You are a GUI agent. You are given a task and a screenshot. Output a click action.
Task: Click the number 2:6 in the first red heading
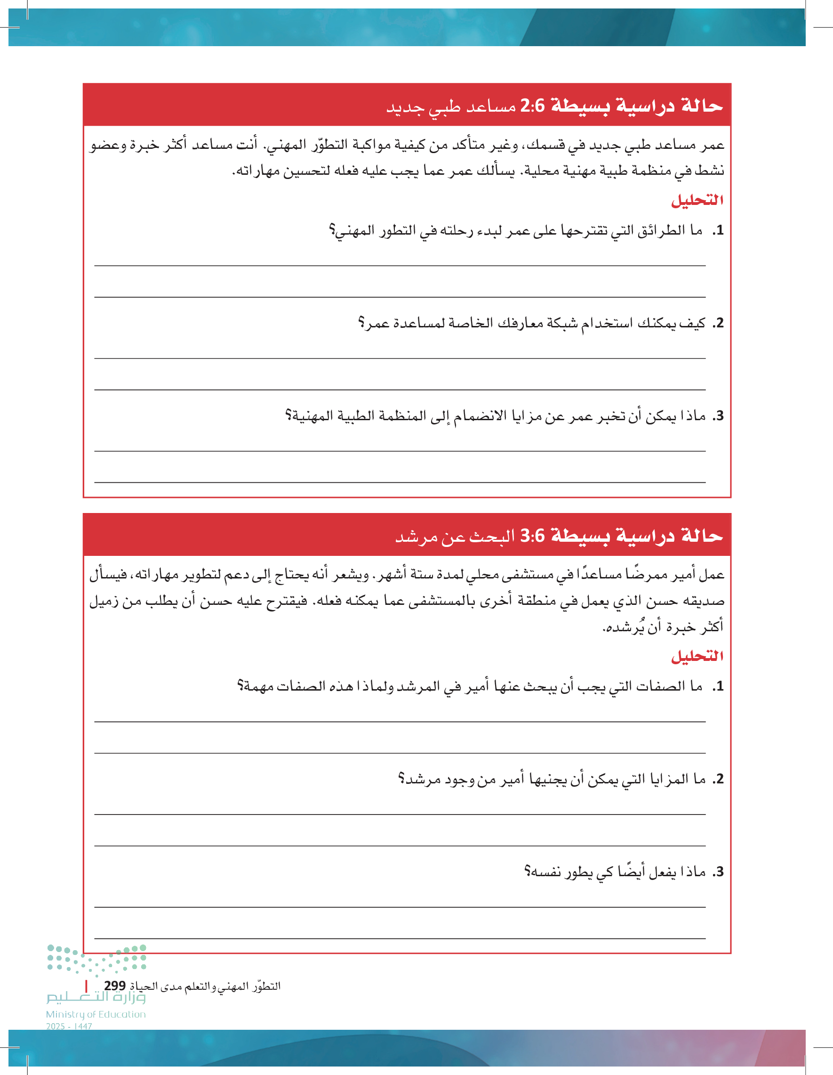click(533, 106)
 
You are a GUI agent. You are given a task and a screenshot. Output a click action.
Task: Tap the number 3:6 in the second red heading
click(533, 535)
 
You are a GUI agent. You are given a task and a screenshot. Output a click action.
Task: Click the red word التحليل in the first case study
click(697, 200)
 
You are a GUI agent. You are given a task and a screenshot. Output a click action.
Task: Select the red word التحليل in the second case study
click(697, 656)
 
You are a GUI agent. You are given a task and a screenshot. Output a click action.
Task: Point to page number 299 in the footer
click(114, 986)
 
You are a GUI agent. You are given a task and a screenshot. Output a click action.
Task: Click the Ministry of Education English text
click(96, 1014)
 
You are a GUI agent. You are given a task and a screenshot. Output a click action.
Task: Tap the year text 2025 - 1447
click(69, 1026)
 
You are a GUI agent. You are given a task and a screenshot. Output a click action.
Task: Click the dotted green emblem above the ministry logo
click(96, 959)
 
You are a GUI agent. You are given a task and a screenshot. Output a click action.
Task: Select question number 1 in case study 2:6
click(719, 230)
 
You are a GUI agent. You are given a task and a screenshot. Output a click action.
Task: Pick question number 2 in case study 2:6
click(719, 323)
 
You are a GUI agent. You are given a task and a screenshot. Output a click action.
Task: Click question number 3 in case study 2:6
click(719, 416)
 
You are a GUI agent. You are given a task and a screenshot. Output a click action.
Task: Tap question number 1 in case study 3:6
click(719, 686)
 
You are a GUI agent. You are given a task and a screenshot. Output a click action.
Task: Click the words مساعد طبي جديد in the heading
click(450, 107)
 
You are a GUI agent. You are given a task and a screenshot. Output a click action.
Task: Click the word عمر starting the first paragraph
click(713, 145)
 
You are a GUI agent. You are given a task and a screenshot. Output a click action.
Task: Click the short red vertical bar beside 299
click(87, 986)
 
